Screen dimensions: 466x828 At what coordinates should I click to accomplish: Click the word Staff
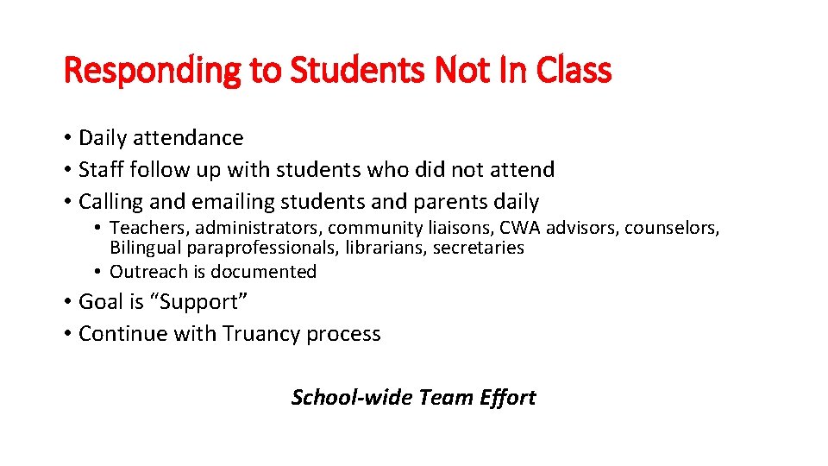point(99,170)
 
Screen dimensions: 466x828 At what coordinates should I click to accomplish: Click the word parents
point(417,203)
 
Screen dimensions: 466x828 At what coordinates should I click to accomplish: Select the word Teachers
point(149,228)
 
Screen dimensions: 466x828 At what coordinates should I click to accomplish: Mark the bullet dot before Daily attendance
point(67,138)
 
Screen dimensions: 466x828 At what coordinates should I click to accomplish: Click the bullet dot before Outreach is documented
point(99,272)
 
